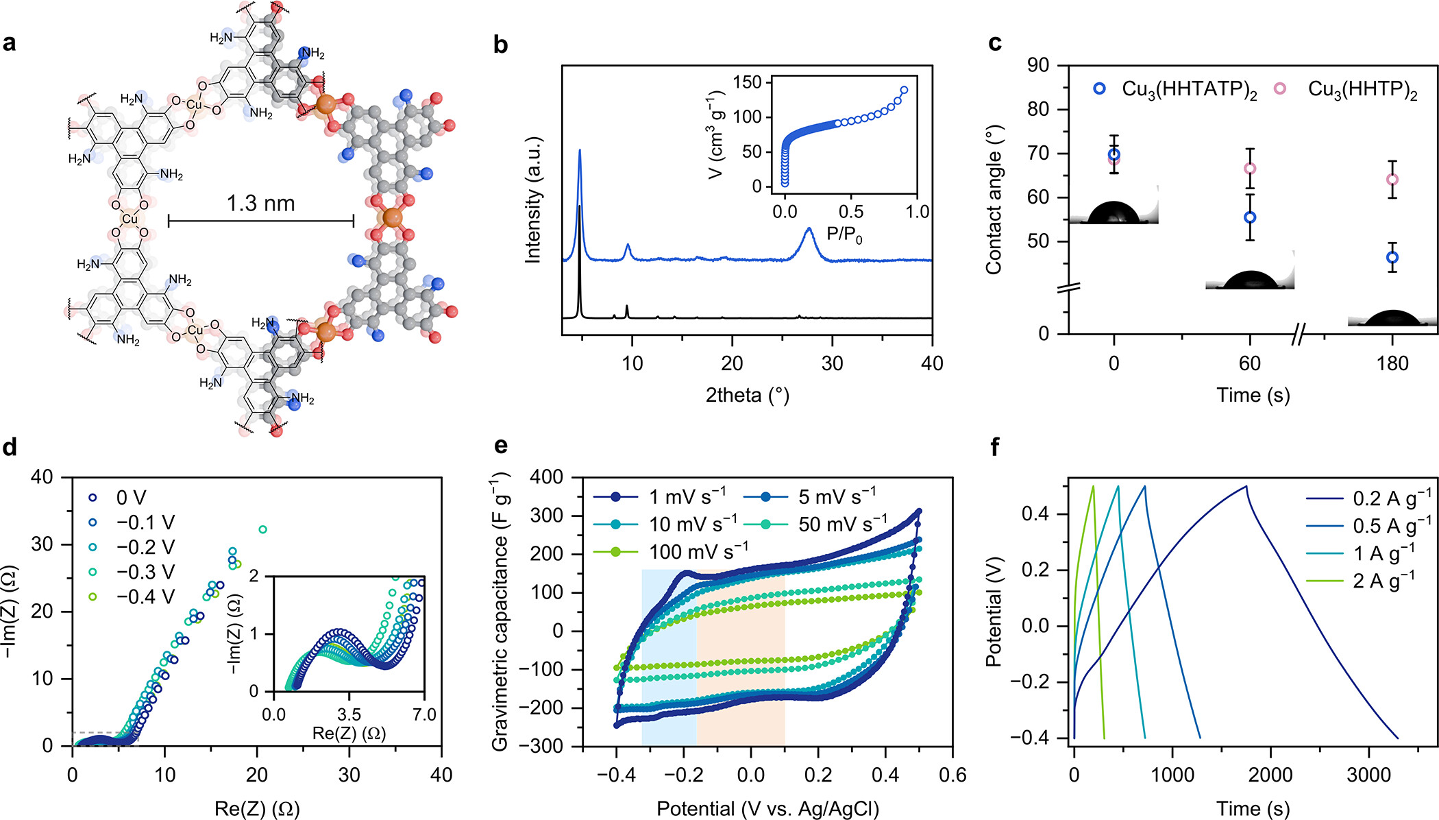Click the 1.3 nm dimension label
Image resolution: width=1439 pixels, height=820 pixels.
click(260, 204)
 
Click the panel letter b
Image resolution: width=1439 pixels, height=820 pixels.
click(501, 45)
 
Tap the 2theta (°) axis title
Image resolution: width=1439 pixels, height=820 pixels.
click(747, 396)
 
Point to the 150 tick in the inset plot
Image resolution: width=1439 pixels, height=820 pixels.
click(748, 83)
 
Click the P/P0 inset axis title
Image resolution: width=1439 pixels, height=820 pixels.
click(844, 234)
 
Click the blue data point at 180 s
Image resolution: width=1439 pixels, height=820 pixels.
click(1392, 258)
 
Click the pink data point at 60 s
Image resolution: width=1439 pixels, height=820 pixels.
click(1250, 169)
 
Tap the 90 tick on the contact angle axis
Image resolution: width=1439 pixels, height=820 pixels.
click(1038, 66)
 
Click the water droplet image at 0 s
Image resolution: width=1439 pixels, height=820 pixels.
click(1114, 213)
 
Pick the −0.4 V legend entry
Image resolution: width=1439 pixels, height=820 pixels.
click(145, 597)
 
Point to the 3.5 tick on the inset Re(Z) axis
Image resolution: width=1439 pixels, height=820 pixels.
click(349, 715)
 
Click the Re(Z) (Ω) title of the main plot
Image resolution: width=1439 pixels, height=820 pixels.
click(257, 809)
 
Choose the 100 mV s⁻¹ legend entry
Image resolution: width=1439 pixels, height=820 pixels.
click(698, 552)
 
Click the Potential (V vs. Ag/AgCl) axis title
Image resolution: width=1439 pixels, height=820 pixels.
click(767, 809)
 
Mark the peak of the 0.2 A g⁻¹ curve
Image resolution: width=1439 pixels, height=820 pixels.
click(1246, 486)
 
